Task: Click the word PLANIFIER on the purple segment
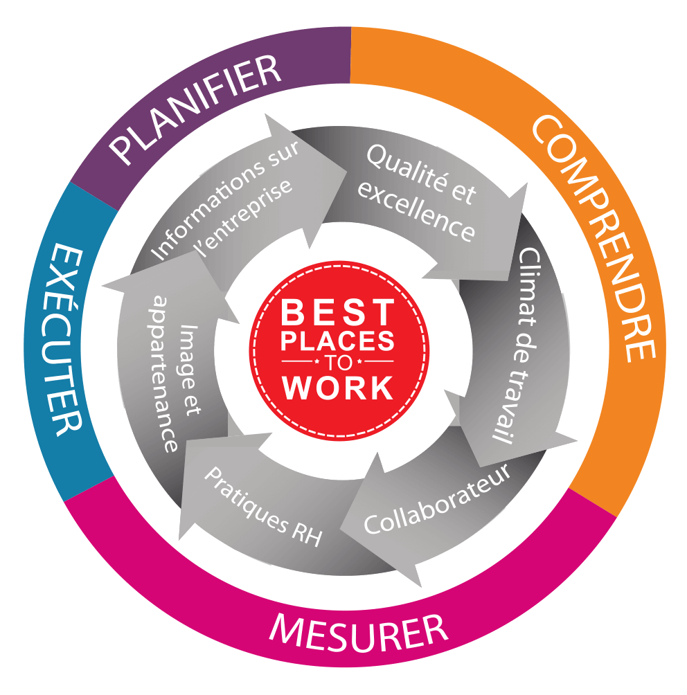point(196,111)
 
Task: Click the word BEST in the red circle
point(339,313)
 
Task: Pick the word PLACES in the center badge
point(339,341)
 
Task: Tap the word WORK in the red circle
point(339,388)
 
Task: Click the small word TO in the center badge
point(339,362)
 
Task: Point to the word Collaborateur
point(436,499)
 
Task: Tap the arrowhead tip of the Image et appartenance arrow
point(104,285)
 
